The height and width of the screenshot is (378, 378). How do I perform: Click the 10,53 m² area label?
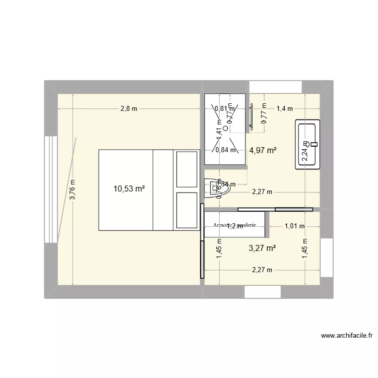click(x=129, y=189)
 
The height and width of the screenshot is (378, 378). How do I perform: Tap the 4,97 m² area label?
click(x=263, y=150)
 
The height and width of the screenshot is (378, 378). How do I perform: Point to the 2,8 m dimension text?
click(x=129, y=108)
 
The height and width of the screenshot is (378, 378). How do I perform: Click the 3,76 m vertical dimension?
click(x=73, y=190)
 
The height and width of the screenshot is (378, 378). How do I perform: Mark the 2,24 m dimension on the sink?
click(x=304, y=150)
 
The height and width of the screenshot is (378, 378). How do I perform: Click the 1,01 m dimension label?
click(x=294, y=226)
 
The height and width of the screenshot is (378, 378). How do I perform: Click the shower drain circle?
click(x=225, y=129)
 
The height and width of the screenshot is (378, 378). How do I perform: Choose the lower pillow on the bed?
click(x=185, y=210)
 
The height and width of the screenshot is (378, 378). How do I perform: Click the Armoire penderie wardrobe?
click(x=235, y=225)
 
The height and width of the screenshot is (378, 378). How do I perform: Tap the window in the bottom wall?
click(x=262, y=292)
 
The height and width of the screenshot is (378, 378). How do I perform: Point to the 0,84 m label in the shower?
click(x=224, y=150)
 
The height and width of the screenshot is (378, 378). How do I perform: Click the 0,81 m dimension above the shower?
click(x=224, y=108)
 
